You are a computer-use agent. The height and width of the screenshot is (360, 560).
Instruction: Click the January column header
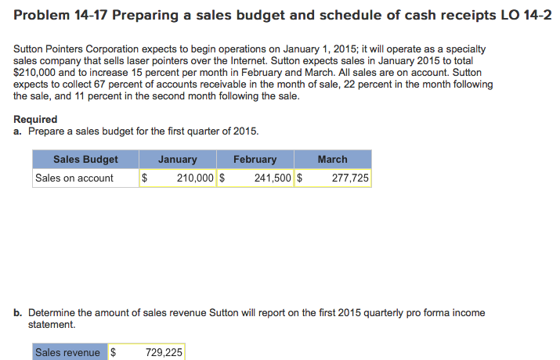pyautogui.click(x=178, y=160)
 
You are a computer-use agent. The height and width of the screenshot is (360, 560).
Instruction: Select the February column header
pyautogui.click(x=255, y=160)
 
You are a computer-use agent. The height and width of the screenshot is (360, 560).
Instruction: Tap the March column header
pyautogui.click(x=332, y=160)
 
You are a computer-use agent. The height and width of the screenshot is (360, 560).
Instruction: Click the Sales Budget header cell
pyautogui.click(x=85, y=160)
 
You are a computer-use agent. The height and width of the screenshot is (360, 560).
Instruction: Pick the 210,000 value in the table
pyautogui.click(x=195, y=178)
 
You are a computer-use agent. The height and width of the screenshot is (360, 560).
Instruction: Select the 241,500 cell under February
pyautogui.click(x=273, y=178)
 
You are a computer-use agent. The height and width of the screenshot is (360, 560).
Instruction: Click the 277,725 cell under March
pyautogui.click(x=350, y=178)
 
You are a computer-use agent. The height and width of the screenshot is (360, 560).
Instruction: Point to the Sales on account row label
pyautogui.click(x=74, y=178)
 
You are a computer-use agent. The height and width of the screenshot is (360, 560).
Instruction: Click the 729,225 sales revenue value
pyautogui.click(x=164, y=353)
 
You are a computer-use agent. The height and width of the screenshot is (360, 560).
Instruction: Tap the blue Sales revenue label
pyautogui.click(x=67, y=353)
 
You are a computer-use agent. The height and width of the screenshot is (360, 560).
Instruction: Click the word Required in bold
pyautogui.click(x=35, y=119)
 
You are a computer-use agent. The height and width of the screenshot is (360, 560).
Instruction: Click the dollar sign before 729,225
pyautogui.click(x=113, y=353)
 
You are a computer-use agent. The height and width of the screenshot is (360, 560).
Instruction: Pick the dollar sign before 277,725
pyautogui.click(x=301, y=178)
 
